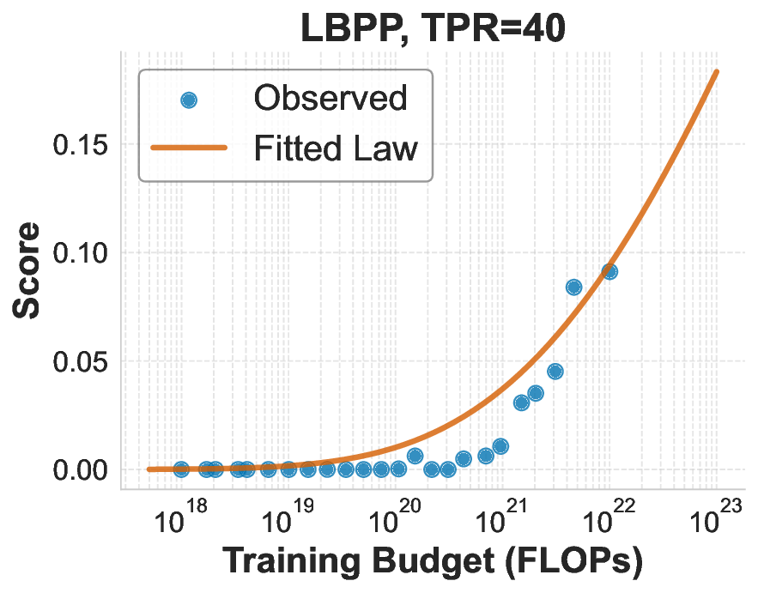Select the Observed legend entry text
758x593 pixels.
tap(330, 99)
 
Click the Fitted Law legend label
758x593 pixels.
tap(335, 148)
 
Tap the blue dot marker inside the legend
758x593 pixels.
tap(189, 100)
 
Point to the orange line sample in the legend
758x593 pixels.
tap(189, 148)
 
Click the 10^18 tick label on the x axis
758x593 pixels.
tap(181, 520)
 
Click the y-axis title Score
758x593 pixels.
tap(27, 270)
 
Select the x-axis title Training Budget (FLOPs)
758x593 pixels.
tap(433, 562)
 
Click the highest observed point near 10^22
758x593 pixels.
tap(610, 271)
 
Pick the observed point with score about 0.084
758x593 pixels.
tap(574, 287)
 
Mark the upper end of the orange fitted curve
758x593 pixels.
tap(717, 72)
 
